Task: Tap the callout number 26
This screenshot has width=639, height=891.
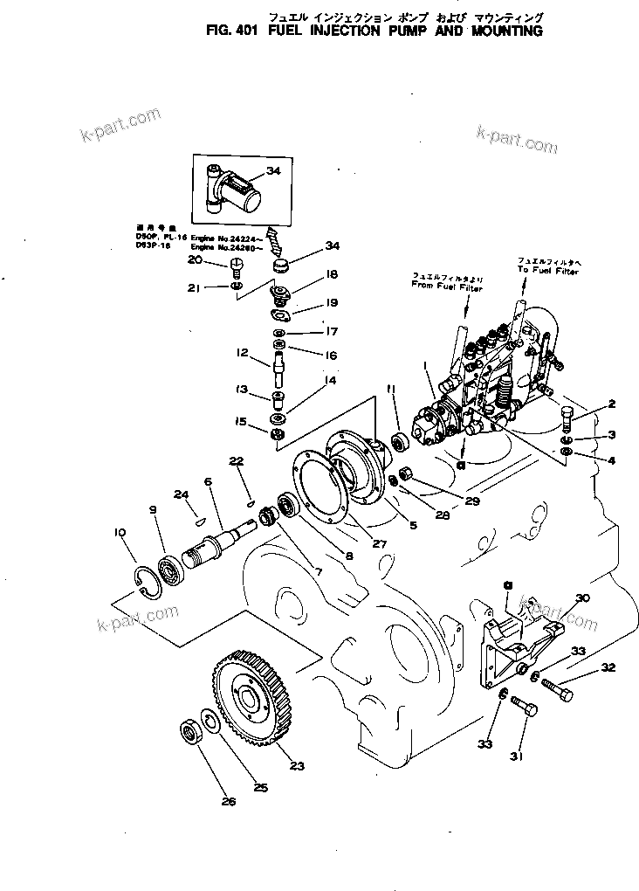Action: point(228,801)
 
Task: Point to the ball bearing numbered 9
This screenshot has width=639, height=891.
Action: point(172,569)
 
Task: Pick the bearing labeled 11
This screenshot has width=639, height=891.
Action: point(402,441)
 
